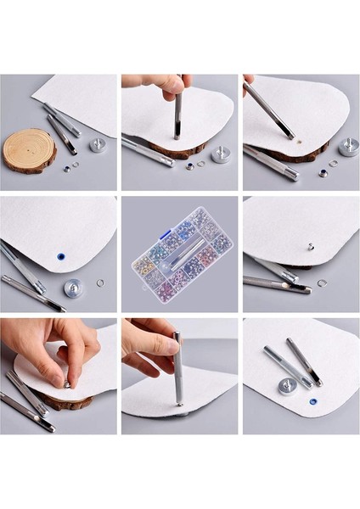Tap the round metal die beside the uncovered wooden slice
coord(98,144)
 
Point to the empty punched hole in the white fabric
coord(290,134)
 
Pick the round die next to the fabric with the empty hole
coord(348,147)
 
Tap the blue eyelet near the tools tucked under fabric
coord(61,255)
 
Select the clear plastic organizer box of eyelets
coord(182,254)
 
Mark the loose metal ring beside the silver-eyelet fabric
coord(323,282)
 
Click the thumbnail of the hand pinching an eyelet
coord(59,376)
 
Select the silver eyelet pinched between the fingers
coord(68,384)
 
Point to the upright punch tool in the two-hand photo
coord(178,369)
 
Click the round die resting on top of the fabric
coord(288,386)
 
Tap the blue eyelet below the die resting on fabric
coord(313,401)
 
